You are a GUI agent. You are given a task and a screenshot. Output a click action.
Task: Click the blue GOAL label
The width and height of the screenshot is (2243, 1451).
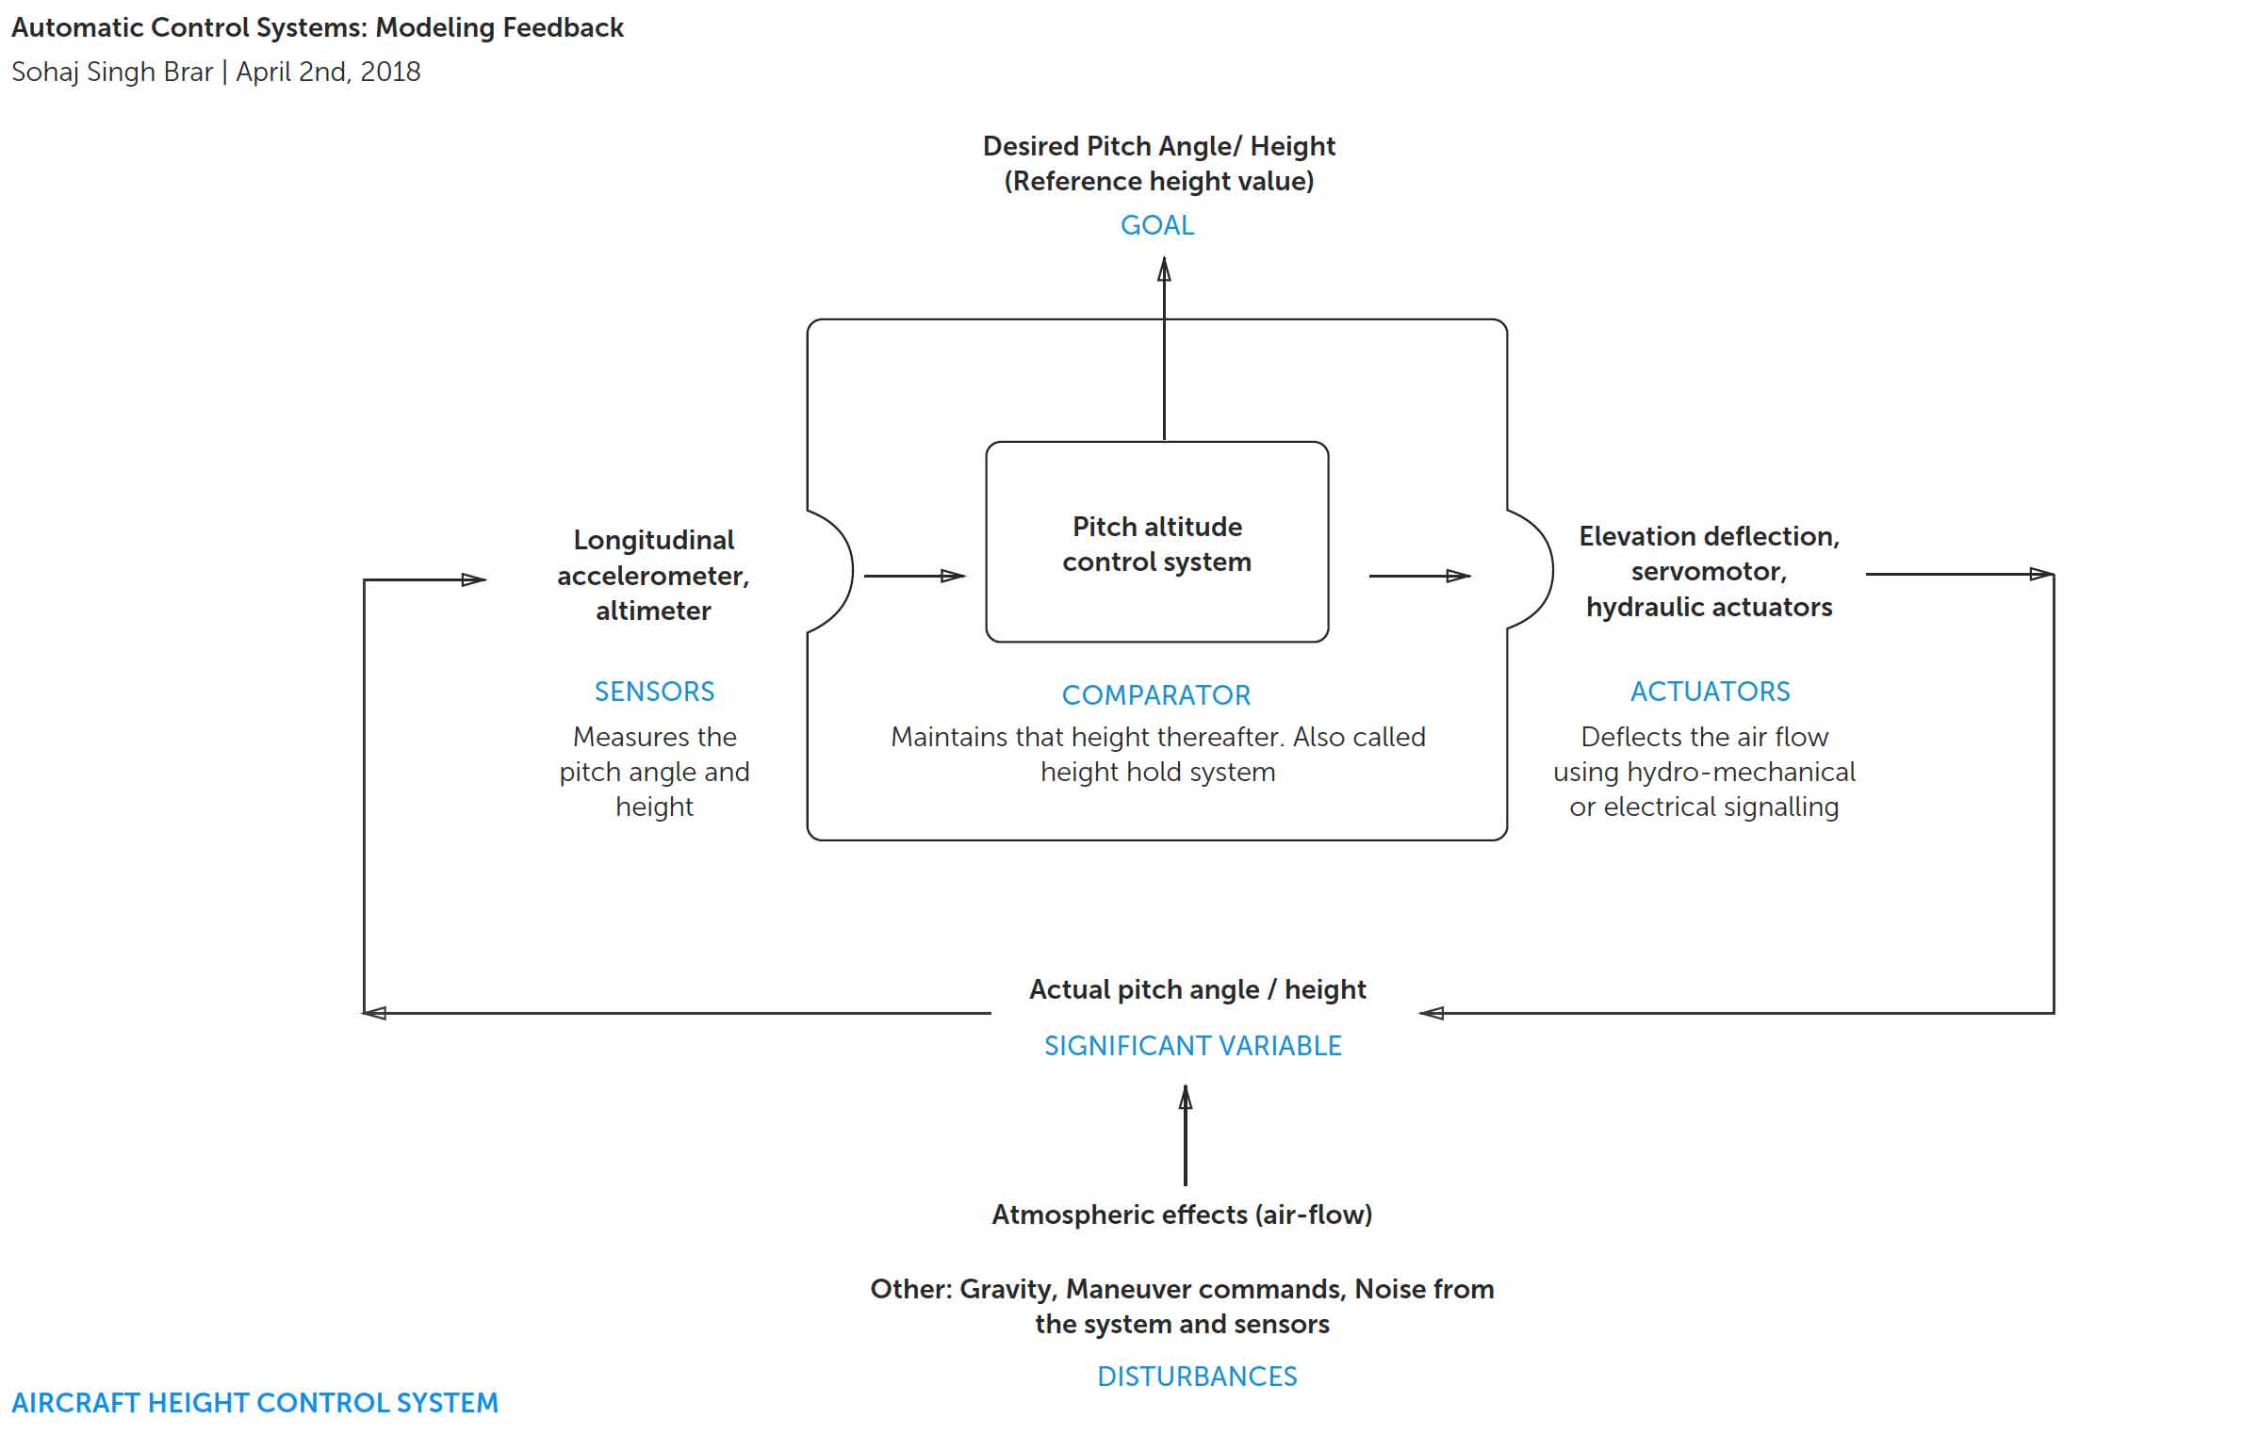pyautogui.click(x=1156, y=225)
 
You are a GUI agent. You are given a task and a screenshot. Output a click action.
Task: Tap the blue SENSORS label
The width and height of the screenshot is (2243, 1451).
pyautogui.click(x=654, y=692)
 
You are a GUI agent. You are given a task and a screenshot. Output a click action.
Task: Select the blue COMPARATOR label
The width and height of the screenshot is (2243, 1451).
pyautogui.click(x=1155, y=695)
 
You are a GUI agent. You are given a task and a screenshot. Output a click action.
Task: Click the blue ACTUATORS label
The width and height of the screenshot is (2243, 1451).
pyautogui.click(x=1710, y=692)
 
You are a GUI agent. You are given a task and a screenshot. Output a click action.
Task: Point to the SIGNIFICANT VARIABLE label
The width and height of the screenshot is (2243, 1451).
pyautogui.click(x=1192, y=1046)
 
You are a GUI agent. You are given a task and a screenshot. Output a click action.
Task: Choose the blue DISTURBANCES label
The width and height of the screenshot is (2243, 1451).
pyautogui.click(x=1196, y=1377)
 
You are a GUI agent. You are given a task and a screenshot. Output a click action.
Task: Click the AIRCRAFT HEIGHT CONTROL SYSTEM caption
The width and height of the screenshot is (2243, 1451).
pyautogui.click(x=254, y=1403)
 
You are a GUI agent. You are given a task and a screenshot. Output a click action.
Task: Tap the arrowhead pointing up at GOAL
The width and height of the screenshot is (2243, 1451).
pyautogui.click(x=1164, y=270)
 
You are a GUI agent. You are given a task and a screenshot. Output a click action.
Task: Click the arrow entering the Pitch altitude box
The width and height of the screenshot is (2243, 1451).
pyautogui.click(x=914, y=576)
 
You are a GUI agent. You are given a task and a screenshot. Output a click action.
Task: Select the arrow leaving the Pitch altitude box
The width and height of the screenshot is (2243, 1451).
pyautogui.click(x=1418, y=576)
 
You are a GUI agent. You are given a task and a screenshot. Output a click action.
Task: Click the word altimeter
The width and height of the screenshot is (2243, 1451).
pyautogui.click(x=653, y=611)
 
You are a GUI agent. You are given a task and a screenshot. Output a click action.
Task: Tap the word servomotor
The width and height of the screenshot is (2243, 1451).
pyautogui.click(x=1708, y=571)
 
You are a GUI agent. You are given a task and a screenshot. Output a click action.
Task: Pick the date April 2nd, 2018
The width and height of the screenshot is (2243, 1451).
pyautogui.click(x=328, y=72)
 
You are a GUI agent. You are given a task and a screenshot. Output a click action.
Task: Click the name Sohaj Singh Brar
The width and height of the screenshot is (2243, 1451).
pyautogui.click(x=111, y=72)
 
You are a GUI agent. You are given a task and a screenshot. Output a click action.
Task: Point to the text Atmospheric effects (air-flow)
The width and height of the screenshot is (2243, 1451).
pyautogui.click(x=1181, y=1215)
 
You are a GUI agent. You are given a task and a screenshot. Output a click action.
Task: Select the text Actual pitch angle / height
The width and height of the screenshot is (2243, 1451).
pyautogui.click(x=1197, y=989)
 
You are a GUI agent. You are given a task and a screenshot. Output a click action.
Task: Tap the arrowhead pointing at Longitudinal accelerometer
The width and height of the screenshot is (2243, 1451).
pyautogui.click(x=474, y=579)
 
